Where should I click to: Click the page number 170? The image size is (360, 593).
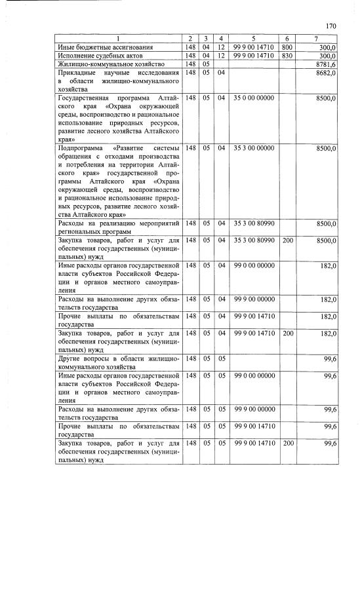pyautogui.click(x=330, y=26)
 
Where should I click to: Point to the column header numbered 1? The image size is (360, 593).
pyautogui.click(x=118, y=39)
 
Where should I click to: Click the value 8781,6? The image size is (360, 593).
pyautogui.click(x=326, y=64)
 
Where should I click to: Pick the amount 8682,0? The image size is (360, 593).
pyautogui.click(x=326, y=73)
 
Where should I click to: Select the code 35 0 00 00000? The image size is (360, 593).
pyautogui.click(x=252, y=98)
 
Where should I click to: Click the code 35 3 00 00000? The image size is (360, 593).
pyautogui.click(x=252, y=149)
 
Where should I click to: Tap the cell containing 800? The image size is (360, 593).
pyautogui.click(x=287, y=48)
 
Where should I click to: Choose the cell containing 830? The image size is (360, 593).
pyautogui.click(x=287, y=56)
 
